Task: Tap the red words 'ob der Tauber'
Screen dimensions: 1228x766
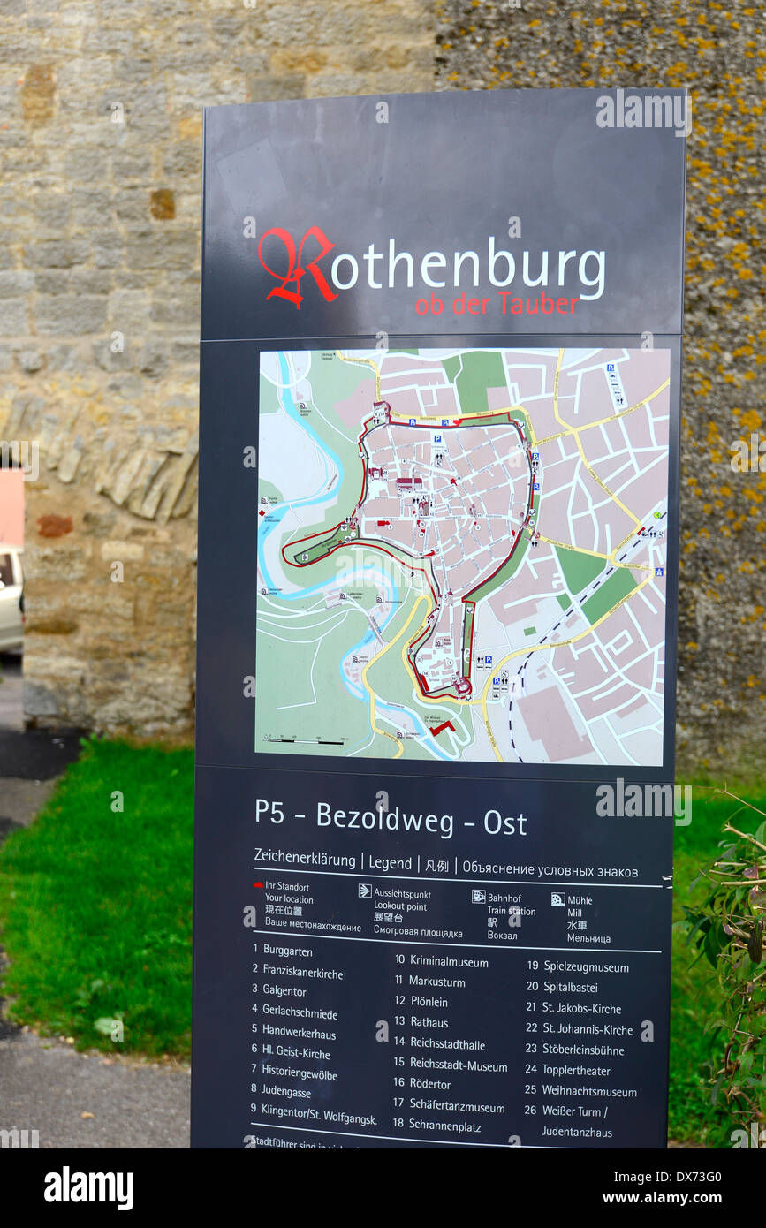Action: point(497,305)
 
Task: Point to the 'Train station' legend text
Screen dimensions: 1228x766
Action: point(511,911)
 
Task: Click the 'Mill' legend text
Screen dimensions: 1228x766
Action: point(574,913)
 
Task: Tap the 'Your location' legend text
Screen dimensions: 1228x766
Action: point(289,898)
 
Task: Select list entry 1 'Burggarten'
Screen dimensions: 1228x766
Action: point(287,951)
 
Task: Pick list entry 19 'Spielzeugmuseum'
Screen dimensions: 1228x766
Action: point(586,967)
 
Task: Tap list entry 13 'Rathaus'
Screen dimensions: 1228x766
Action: point(429,1023)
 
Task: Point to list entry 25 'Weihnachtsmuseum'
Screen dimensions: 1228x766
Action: point(588,1092)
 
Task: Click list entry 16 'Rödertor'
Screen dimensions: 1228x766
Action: point(430,1084)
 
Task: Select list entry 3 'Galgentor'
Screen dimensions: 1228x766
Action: point(284,991)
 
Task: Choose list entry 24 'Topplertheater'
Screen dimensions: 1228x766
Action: point(575,1071)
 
